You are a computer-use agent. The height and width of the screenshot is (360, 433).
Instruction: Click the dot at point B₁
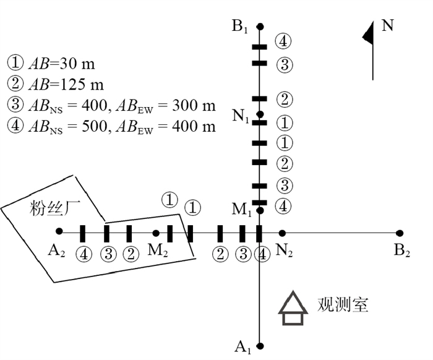pyautogui.click(x=260, y=26)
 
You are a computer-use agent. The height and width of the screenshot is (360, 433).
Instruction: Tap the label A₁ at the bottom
pyautogui.click(x=242, y=347)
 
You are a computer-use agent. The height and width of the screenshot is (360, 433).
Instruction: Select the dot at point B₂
pyautogui.click(x=400, y=233)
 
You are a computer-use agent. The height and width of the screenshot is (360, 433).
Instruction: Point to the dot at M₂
pyautogui.click(x=156, y=233)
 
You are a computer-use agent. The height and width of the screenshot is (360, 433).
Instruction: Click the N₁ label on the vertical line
pyautogui.click(x=240, y=116)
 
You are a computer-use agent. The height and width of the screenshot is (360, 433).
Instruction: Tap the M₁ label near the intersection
pyautogui.click(x=242, y=209)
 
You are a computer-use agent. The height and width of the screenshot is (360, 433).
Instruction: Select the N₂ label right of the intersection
pyautogui.click(x=285, y=251)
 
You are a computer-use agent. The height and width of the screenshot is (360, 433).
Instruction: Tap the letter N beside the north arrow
pyautogui.click(x=388, y=25)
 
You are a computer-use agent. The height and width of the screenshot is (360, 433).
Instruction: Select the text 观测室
pyautogui.click(x=343, y=305)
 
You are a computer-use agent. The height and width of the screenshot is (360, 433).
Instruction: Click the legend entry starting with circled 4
pyautogui.click(x=111, y=126)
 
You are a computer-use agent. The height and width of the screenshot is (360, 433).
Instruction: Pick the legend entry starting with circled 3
pyautogui.click(x=111, y=105)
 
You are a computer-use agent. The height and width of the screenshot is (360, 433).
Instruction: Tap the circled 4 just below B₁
pyautogui.click(x=283, y=42)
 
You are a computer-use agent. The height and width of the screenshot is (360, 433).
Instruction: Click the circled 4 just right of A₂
pyautogui.click(x=83, y=254)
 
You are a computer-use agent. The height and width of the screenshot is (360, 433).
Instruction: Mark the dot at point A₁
pyautogui.click(x=260, y=346)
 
